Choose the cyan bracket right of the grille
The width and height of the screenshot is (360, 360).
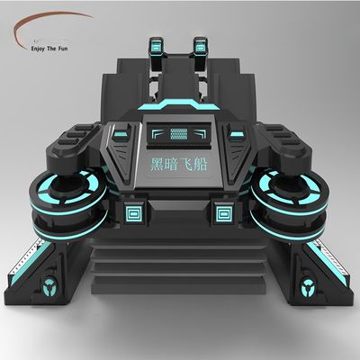[206, 134]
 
